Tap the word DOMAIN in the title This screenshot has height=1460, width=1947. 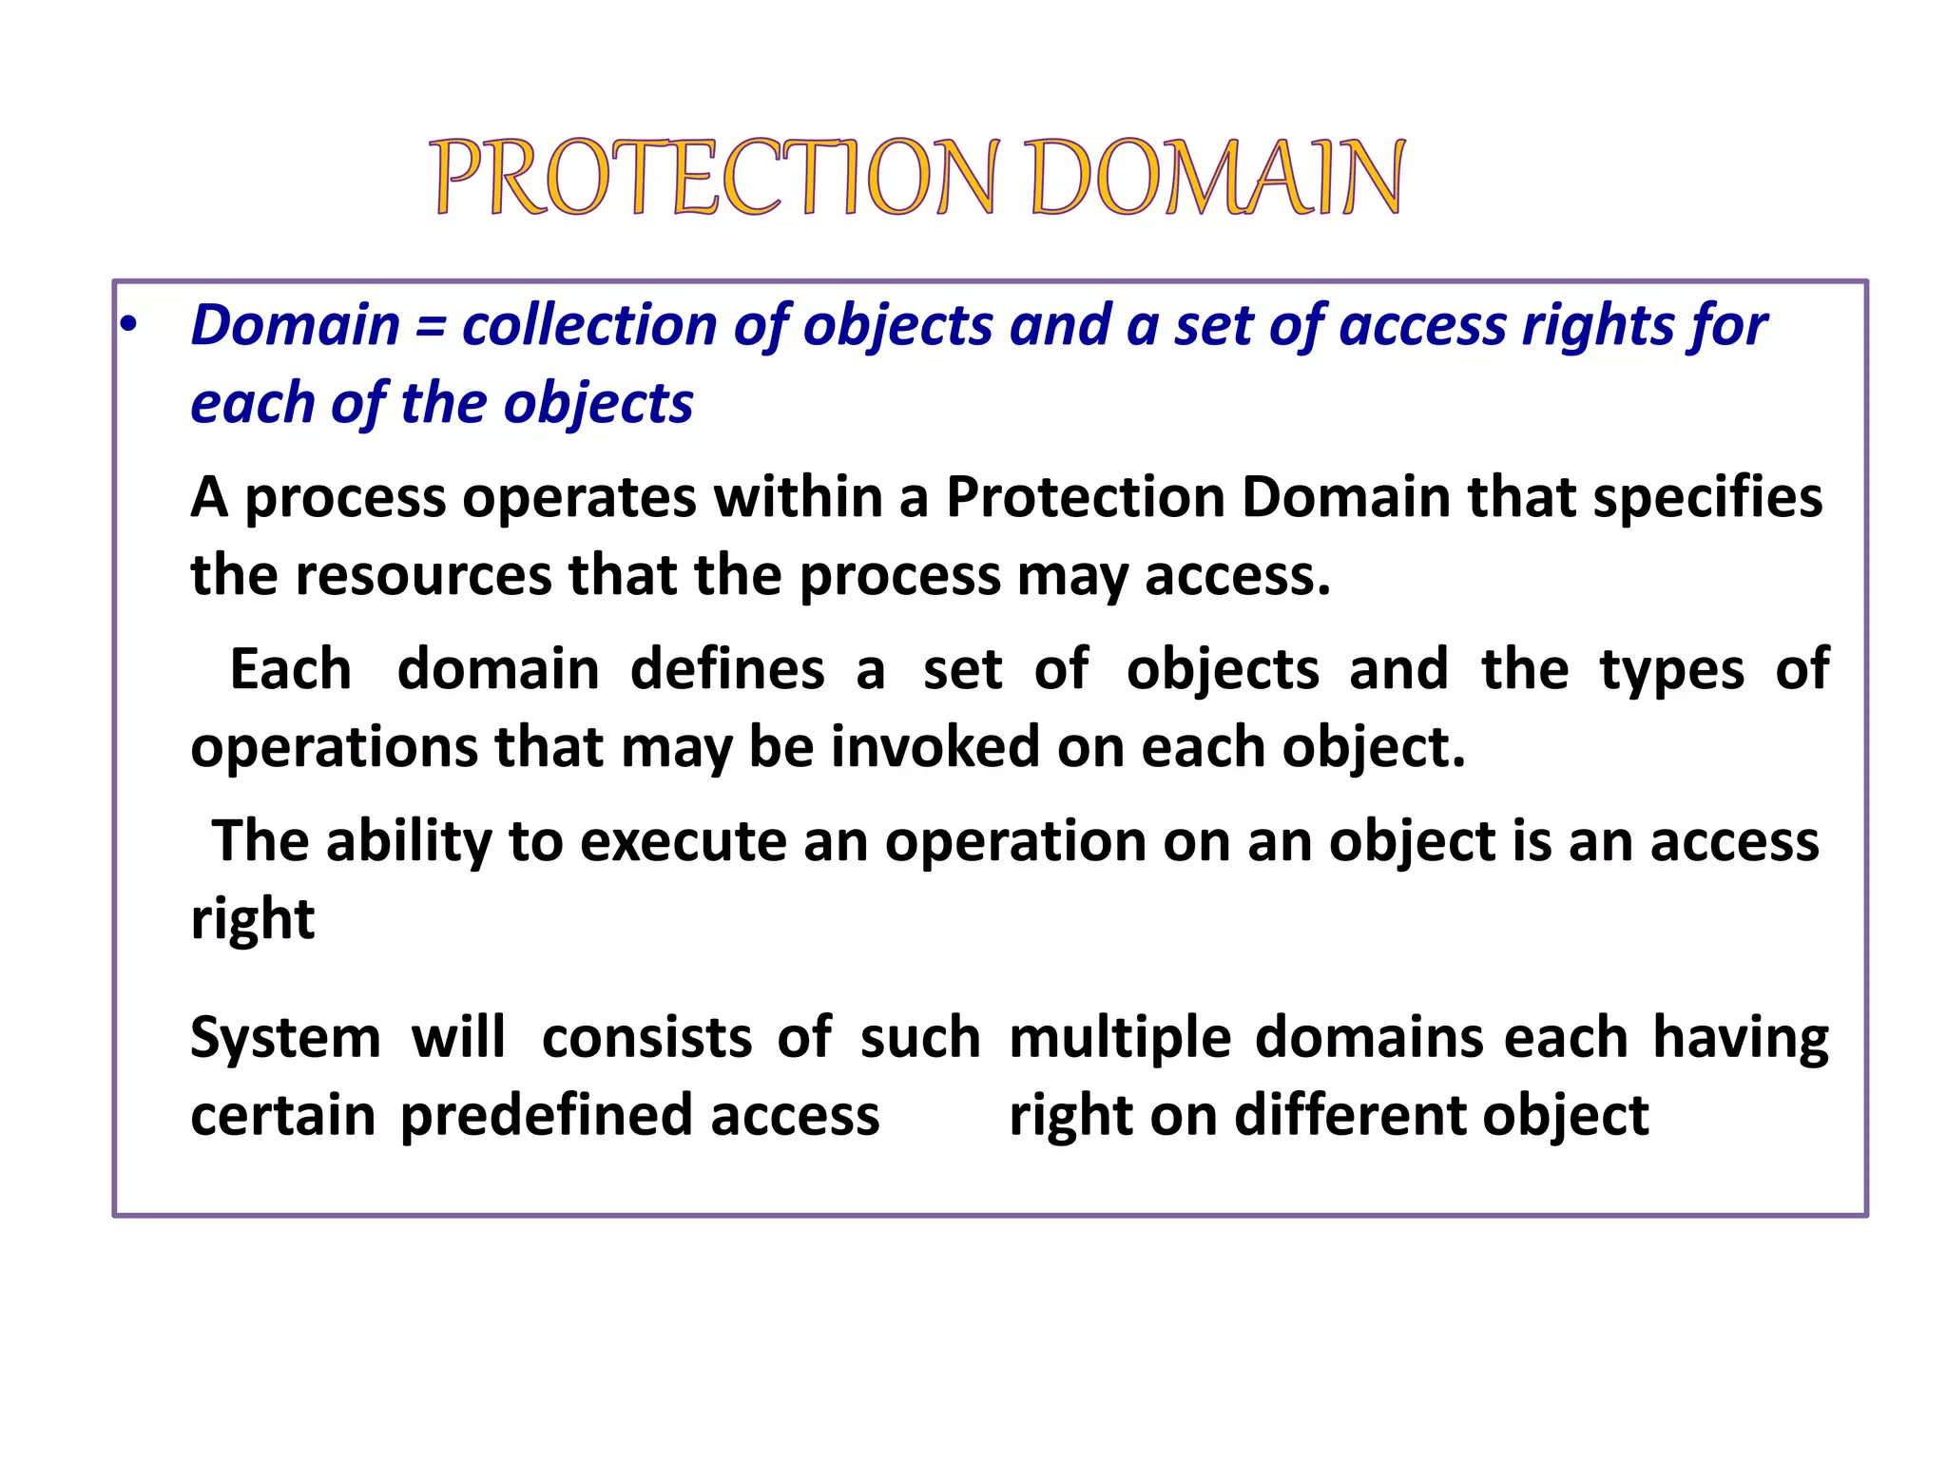click(1216, 178)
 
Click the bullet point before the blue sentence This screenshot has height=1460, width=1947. click(128, 326)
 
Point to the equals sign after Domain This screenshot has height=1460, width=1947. click(431, 326)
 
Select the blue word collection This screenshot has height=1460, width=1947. click(589, 326)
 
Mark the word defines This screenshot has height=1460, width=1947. click(727, 669)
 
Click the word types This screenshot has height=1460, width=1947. click(1672, 669)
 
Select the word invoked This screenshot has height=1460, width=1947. click(935, 747)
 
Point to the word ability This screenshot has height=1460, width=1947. click(409, 841)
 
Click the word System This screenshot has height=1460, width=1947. click(285, 1037)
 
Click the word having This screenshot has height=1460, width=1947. click(1740, 1037)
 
